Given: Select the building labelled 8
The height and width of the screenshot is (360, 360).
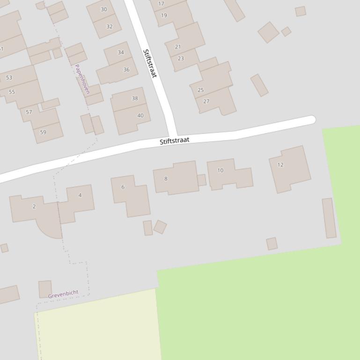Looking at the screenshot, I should [x=176, y=178].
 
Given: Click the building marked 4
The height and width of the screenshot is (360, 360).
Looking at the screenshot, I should [x=78, y=202].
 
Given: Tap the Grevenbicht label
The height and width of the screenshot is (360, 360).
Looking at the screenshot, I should [x=63, y=294].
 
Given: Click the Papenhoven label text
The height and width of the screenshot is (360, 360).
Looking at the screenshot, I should [x=81, y=79].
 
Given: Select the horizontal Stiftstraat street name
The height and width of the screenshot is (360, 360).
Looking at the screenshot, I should [x=174, y=141].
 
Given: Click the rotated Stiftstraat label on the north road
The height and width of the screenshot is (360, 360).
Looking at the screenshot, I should [x=150, y=63].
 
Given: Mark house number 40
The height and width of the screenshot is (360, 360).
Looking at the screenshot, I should [x=140, y=115].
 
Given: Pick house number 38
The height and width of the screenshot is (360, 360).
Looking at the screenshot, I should [x=135, y=98].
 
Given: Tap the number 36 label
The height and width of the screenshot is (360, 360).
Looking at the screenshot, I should [x=126, y=70].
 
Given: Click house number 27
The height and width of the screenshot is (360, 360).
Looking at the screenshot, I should [x=206, y=101].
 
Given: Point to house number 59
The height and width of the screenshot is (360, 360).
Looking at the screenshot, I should [x=43, y=132].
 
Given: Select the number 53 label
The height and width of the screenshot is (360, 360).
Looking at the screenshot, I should [x=9, y=78].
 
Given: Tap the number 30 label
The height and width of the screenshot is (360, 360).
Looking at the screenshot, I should [x=104, y=9].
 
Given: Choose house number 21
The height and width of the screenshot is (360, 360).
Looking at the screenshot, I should [x=178, y=47].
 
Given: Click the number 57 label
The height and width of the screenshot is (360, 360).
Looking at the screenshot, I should [x=29, y=112].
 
